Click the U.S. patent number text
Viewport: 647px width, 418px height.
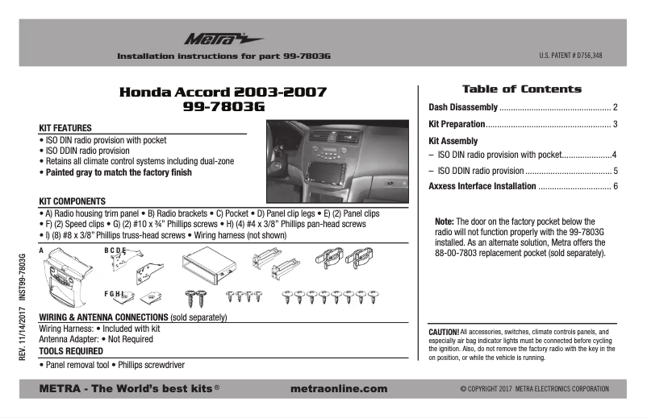pyautogui.click(x=570, y=56)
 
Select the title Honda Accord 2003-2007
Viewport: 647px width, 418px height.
pyautogui.click(x=223, y=92)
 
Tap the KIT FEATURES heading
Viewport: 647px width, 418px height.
pyautogui.click(x=65, y=128)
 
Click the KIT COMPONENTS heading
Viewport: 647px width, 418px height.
pyautogui.click(x=73, y=201)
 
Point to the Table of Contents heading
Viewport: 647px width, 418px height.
pyautogui.click(x=521, y=89)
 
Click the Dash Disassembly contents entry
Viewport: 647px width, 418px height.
pyautogui.click(x=462, y=107)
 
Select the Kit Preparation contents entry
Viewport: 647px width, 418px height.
pyautogui.click(x=457, y=124)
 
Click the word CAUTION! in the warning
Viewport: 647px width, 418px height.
pyautogui.click(x=444, y=332)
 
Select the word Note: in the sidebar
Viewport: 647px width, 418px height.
pyautogui.click(x=445, y=221)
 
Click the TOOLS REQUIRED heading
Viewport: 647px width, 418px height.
pyautogui.click(x=71, y=351)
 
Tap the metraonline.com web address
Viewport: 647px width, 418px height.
pyautogui.click(x=337, y=388)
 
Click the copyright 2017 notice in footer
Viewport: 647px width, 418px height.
pyautogui.click(x=534, y=388)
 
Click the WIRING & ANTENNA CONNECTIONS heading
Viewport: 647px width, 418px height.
pyautogui.click(x=103, y=317)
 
